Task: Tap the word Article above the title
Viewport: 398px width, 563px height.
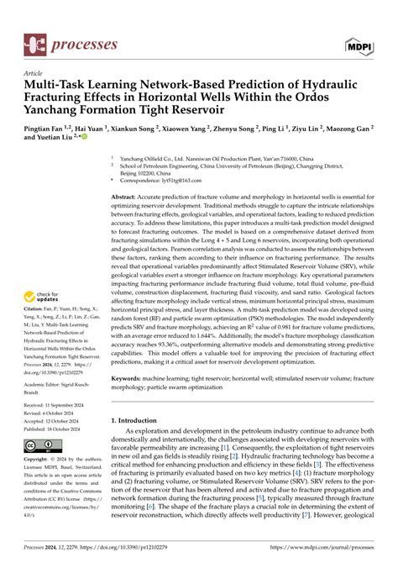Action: click(x=34, y=73)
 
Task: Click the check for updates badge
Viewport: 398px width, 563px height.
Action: click(x=42, y=297)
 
